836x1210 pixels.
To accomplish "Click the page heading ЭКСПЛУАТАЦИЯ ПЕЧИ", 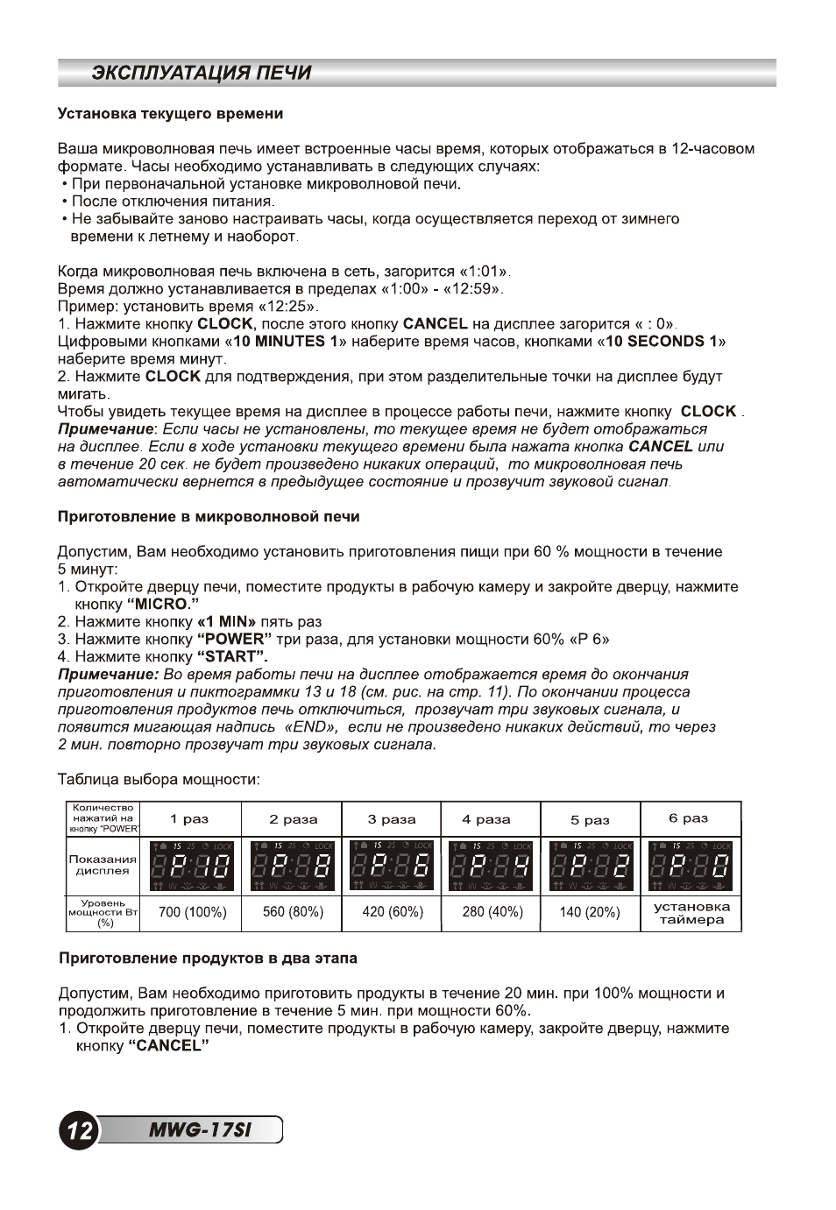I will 202,73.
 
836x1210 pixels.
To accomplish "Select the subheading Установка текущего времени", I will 170,114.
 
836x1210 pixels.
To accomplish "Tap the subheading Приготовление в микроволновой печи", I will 209,517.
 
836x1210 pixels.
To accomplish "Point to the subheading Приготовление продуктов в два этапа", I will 208,959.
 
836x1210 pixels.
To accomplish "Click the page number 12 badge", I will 77,1130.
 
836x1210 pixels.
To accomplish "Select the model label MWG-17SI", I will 200,1130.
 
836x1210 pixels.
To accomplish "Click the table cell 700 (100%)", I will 192,912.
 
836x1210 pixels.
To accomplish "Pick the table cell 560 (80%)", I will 293,912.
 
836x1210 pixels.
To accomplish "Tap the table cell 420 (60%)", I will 393,912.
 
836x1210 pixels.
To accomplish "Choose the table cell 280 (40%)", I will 492,912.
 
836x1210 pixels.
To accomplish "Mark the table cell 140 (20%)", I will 590,912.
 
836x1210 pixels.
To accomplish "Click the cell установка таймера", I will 691,913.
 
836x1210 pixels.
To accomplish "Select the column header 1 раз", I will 189,819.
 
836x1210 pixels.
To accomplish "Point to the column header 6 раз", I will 689,818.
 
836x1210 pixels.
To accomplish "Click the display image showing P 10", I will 192,866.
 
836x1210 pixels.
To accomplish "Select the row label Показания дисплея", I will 103,866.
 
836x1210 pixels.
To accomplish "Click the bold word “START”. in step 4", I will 232,657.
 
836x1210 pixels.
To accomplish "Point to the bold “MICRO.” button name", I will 163,605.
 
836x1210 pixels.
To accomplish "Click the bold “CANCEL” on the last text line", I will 168,1046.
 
